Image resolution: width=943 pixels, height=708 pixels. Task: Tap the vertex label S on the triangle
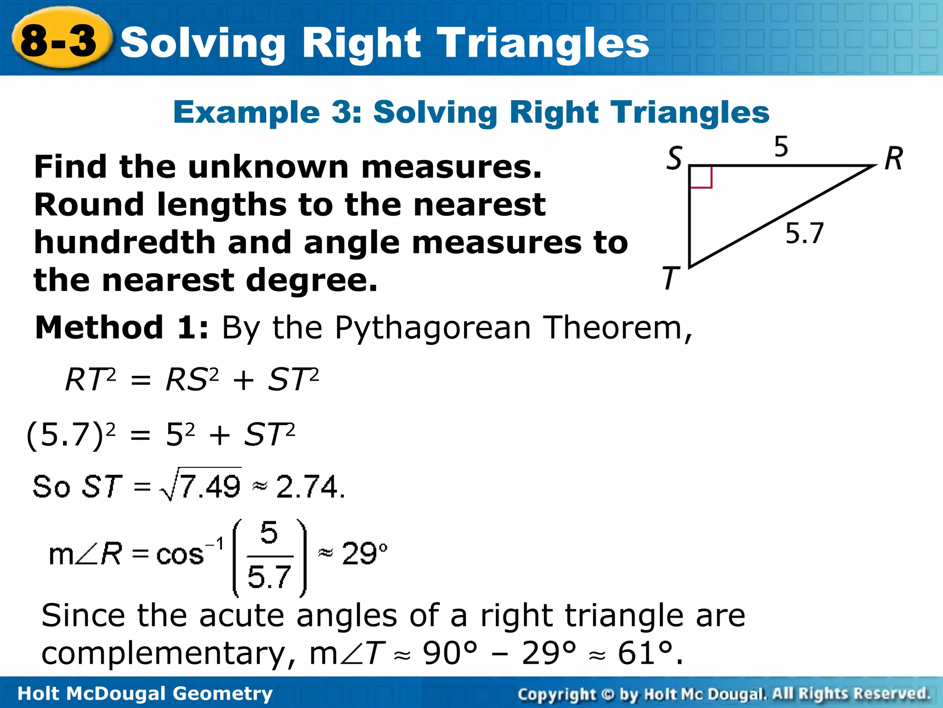(x=675, y=159)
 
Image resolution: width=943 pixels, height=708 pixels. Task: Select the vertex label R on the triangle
(x=894, y=159)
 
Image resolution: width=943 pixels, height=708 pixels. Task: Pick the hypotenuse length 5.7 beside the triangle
(x=804, y=233)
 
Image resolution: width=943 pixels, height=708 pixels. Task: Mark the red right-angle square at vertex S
(x=701, y=177)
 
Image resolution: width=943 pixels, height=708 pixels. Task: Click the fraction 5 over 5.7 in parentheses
(x=269, y=556)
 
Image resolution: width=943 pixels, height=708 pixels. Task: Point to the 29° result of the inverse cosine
(x=364, y=554)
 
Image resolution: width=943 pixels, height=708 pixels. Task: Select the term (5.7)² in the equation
(x=71, y=435)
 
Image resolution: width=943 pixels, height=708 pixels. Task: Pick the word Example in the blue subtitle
(x=246, y=112)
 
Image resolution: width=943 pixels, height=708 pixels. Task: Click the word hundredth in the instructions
(x=125, y=242)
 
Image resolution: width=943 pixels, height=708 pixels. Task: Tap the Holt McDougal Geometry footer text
(x=145, y=693)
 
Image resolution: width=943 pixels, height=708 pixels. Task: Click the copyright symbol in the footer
(x=608, y=694)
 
